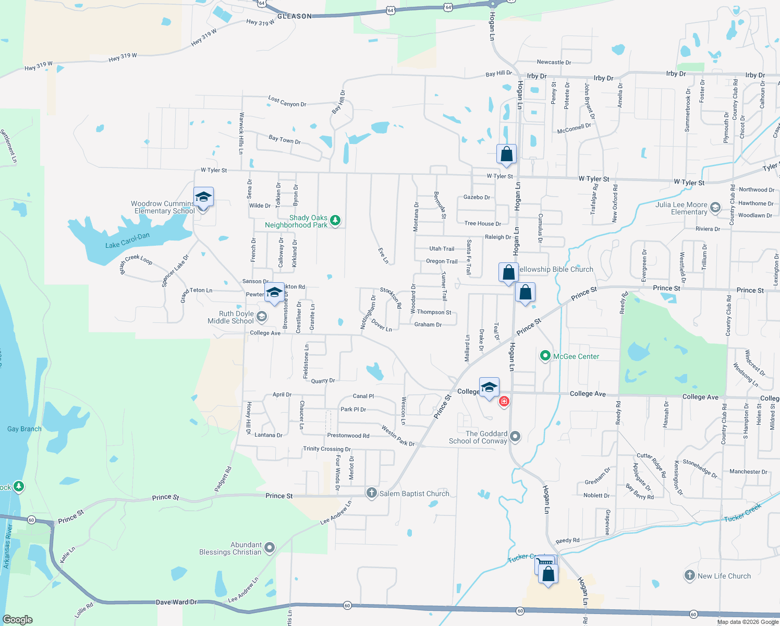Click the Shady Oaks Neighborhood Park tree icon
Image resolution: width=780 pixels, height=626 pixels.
[335, 221]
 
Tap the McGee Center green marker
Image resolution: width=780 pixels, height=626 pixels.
[545, 356]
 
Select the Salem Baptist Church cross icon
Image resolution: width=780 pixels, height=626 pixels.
[371, 493]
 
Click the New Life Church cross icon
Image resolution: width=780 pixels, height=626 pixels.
[689, 575]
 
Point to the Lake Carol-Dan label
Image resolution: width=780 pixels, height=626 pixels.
[127, 240]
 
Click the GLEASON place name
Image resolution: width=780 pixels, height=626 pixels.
[295, 16]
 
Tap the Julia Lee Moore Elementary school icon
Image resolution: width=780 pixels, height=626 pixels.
[715, 208]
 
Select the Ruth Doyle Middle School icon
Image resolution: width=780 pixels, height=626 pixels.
[262, 317]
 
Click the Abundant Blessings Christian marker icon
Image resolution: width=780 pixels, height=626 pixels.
[270, 548]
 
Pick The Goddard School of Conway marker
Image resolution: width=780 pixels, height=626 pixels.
[515, 437]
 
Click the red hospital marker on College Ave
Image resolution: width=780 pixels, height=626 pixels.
[504, 401]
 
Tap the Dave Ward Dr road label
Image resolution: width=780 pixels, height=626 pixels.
[176, 602]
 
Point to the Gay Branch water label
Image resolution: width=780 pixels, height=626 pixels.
[25, 429]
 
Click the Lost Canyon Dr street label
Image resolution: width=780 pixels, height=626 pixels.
[287, 101]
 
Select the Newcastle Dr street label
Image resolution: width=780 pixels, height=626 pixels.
[554, 62]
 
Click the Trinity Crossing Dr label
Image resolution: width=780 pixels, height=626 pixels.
[327, 449]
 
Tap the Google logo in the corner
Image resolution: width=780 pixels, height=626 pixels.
[18, 619]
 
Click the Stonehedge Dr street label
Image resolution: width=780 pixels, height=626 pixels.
[700, 468]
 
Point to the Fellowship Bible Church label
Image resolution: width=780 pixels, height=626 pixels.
[555, 269]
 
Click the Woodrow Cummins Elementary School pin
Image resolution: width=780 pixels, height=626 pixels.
[203, 198]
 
